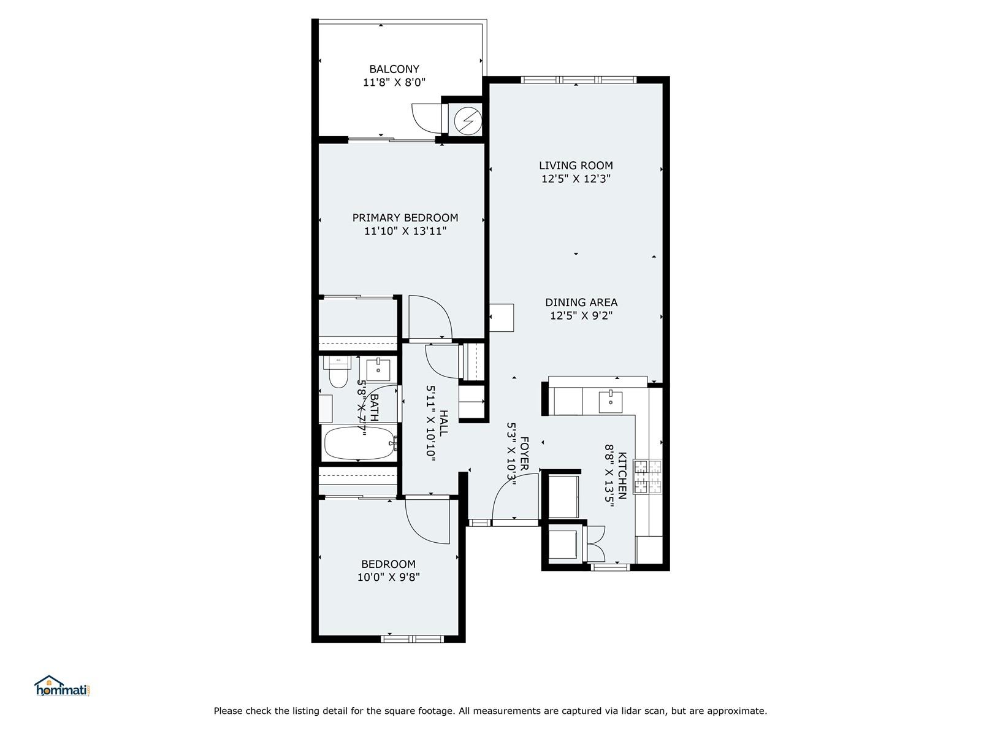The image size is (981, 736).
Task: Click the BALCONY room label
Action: pos(394,69)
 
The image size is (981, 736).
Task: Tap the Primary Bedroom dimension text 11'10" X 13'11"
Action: pos(405,231)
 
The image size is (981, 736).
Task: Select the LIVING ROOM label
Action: pos(576,165)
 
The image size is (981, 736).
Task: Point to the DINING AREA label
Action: pos(581,302)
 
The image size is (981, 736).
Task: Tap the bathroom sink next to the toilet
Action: pos(378,370)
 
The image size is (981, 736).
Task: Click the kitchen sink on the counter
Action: pos(610,402)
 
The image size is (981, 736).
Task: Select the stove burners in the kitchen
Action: pos(648,477)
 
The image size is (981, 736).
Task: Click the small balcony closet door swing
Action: pos(427,118)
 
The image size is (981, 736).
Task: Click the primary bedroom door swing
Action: pos(430,318)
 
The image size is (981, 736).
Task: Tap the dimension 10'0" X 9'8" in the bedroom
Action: pos(388,577)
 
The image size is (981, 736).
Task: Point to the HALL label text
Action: pos(443,423)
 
